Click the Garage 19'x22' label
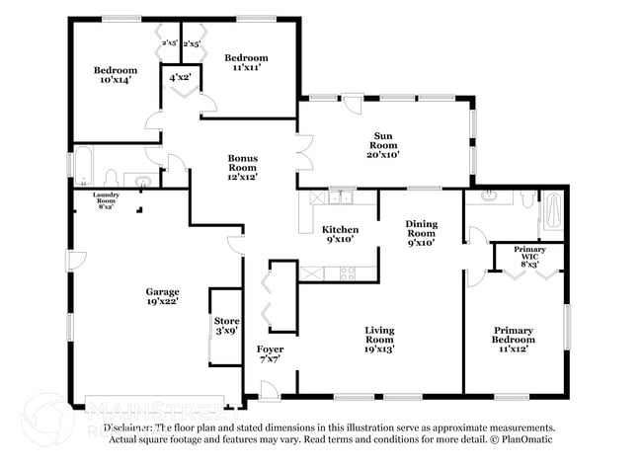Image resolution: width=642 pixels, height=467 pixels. [x=163, y=297]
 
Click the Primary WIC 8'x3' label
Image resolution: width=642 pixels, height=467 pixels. [x=529, y=257]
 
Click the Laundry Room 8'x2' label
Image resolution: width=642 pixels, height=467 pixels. [x=107, y=200]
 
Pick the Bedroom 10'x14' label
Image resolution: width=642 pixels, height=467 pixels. [x=116, y=76]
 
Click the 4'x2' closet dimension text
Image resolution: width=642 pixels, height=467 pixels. [x=181, y=77]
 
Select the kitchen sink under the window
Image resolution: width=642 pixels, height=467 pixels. [x=341, y=197]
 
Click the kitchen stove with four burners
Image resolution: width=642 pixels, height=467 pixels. [x=347, y=272]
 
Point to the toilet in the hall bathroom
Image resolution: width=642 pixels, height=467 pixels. [x=113, y=178]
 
